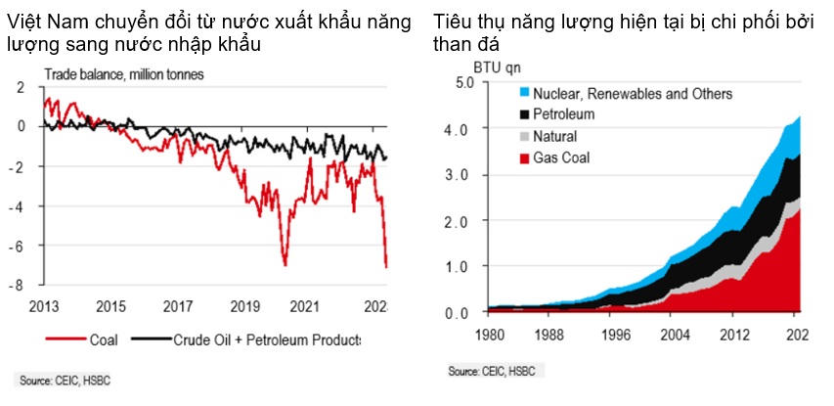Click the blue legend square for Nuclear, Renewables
(x=524, y=94)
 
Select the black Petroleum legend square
(x=524, y=115)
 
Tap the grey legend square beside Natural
(x=524, y=137)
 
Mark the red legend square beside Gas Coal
(x=524, y=158)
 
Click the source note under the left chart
(x=65, y=380)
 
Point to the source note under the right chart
(x=493, y=373)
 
